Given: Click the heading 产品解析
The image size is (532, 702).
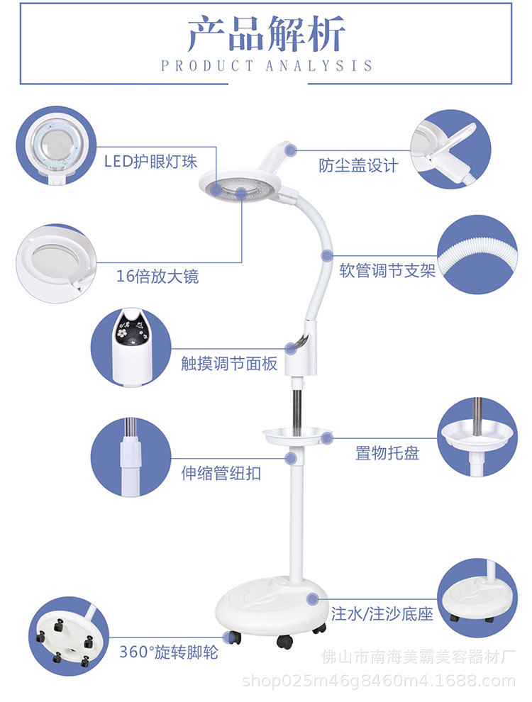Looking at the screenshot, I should tap(266, 33).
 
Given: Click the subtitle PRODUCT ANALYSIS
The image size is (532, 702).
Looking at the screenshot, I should tap(266, 66).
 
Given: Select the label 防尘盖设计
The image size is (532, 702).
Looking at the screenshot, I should tap(358, 166).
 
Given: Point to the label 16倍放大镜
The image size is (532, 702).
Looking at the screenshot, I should tap(157, 276).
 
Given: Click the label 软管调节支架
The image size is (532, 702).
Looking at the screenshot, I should tap(387, 271).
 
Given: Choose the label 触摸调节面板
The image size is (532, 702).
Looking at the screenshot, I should tap(229, 364).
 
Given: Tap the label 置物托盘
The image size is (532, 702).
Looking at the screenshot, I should tap(387, 452).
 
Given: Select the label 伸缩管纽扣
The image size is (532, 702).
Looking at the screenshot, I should tap(221, 473).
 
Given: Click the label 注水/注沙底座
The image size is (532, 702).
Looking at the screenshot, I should tap(382, 613).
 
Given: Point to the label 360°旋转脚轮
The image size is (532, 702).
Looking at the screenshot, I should tap(169, 652).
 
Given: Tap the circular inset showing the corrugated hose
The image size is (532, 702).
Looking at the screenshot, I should tap(477, 255).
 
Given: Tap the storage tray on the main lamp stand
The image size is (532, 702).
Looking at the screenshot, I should tap(298, 435).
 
